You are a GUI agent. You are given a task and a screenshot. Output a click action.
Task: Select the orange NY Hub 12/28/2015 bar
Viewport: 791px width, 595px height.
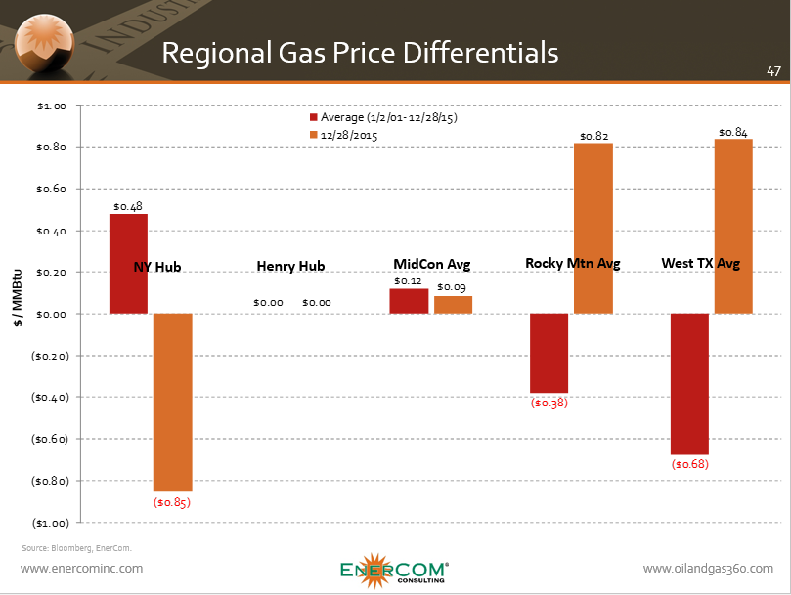pyautogui.click(x=172, y=402)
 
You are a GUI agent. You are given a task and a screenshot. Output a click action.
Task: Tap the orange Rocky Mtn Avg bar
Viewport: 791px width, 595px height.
pyautogui.click(x=593, y=228)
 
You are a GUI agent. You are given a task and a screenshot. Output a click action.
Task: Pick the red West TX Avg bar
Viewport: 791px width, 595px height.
pyautogui.click(x=689, y=384)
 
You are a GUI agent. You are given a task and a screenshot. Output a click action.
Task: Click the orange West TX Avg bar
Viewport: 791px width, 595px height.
pyautogui.click(x=733, y=226)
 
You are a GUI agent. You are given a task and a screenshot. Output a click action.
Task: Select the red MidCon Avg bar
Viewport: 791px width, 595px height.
pyautogui.click(x=409, y=301)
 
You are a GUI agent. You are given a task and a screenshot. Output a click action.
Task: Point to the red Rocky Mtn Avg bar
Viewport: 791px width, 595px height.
pyautogui.click(x=549, y=353)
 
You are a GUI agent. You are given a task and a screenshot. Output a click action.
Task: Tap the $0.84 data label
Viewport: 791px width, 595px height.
pyautogui.click(x=733, y=133)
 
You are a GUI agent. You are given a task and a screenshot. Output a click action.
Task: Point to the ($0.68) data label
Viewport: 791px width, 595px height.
pyautogui.click(x=689, y=464)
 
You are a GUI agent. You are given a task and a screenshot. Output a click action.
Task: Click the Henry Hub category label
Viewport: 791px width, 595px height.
pyautogui.click(x=290, y=266)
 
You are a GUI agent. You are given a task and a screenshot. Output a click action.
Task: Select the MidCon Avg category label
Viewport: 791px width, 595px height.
pyautogui.click(x=431, y=264)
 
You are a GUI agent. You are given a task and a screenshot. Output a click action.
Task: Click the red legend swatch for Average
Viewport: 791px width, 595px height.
pyautogui.click(x=313, y=117)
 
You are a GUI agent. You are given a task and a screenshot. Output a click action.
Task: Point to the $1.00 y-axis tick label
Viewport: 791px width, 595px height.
pyautogui.click(x=50, y=106)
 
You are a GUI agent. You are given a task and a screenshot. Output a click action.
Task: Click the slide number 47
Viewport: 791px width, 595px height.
pyautogui.click(x=772, y=71)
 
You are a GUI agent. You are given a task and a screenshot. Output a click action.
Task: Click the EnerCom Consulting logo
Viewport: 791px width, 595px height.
pyautogui.click(x=394, y=572)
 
